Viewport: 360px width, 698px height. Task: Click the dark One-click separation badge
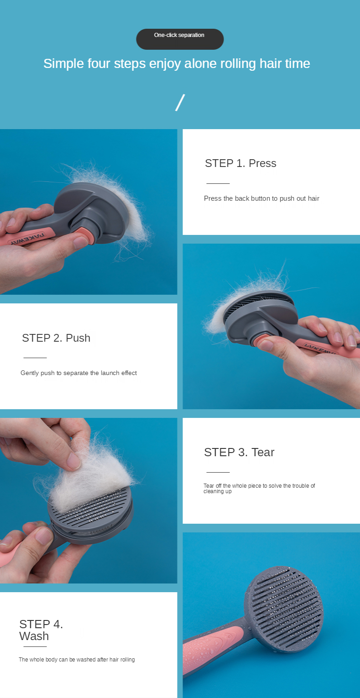tap(180, 39)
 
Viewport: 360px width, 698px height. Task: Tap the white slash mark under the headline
tap(180, 103)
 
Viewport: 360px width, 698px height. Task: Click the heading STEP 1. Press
tap(240, 163)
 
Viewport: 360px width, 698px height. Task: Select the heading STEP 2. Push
tap(56, 338)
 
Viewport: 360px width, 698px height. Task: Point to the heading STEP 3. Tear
tap(239, 452)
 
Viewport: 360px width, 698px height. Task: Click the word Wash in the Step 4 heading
tap(34, 636)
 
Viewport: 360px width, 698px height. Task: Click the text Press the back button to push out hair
tap(261, 198)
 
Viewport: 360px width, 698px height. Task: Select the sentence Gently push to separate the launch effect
tap(78, 373)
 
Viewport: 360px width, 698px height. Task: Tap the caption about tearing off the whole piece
tap(259, 488)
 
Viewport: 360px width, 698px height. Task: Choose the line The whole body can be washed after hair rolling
tap(77, 660)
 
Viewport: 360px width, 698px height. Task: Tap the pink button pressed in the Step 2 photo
tap(261, 340)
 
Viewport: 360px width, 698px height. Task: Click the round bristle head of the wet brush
tap(284, 609)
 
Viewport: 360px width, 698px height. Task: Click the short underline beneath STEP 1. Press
tap(218, 183)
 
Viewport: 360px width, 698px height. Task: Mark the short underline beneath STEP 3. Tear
tap(218, 472)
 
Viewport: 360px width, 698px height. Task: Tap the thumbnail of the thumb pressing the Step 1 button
tap(80, 242)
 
